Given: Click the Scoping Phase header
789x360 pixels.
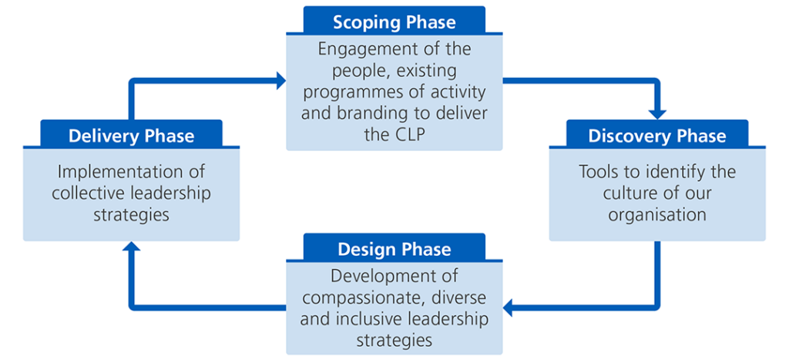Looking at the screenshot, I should click(x=394, y=21).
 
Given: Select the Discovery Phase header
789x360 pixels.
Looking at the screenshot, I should click(x=656, y=136).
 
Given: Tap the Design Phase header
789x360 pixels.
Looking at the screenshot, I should click(x=394, y=249).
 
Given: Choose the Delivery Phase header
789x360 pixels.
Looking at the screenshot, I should click(x=131, y=136).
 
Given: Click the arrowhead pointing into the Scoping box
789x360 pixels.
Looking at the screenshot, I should click(x=280, y=78).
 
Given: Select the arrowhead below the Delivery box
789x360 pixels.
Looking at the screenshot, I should click(x=131, y=249).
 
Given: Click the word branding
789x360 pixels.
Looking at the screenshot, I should click(x=374, y=113).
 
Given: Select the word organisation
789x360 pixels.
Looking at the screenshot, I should click(x=656, y=214).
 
